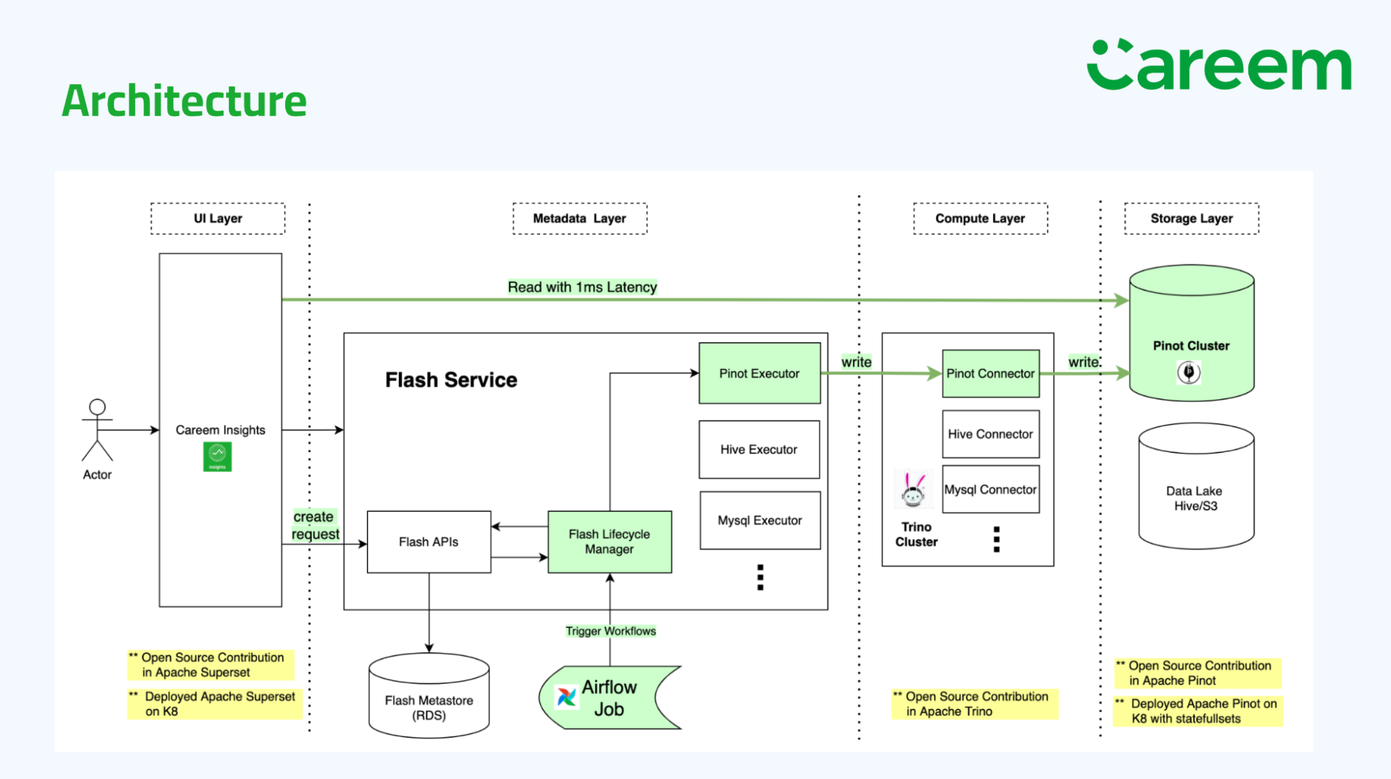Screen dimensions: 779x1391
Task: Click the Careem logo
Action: (1218, 65)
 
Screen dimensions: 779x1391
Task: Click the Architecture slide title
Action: (184, 101)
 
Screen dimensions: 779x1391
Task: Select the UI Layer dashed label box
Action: (218, 218)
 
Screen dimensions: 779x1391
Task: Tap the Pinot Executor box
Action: (759, 374)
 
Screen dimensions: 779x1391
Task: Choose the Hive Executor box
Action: (759, 449)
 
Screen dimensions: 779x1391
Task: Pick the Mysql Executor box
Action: (760, 520)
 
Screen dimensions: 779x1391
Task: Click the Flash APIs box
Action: (429, 542)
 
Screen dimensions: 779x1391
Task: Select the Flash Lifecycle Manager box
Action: (610, 542)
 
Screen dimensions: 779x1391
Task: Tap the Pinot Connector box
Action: (990, 374)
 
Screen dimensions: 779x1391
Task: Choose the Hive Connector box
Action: (990, 434)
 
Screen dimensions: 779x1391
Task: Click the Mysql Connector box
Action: (990, 490)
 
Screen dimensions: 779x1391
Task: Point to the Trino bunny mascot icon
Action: (913, 489)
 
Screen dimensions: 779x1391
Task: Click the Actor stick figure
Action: (97, 431)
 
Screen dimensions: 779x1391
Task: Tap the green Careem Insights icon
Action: (217, 456)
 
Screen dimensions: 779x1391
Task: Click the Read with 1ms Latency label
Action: (582, 287)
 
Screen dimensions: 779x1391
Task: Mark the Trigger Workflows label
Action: (610, 631)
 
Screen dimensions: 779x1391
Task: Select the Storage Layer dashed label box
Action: (1191, 218)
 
